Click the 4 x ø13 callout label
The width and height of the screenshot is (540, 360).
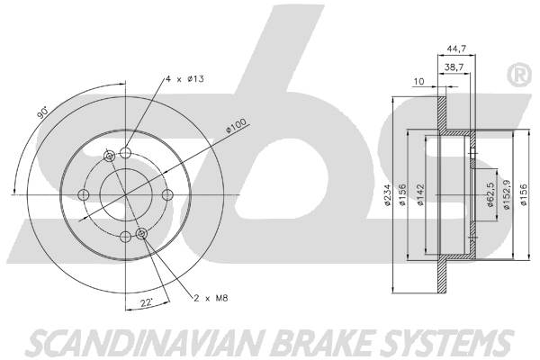click(x=184, y=79)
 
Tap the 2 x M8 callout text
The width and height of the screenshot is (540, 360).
click(x=211, y=298)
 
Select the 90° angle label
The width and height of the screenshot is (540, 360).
click(x=42, y=112)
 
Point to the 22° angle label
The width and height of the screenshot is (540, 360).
click(x=147, y=302)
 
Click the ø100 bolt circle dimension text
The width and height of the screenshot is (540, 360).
click(x=236, y=126)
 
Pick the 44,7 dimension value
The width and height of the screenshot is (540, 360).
click(x=456, y=49)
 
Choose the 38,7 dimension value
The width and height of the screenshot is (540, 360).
click(x=454, y=67)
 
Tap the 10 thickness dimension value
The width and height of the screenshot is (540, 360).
click(x=418, y=82)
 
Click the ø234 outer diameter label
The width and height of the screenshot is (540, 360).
click(x=388, y=195)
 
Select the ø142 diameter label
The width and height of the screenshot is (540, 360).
click(x=420, y=195)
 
